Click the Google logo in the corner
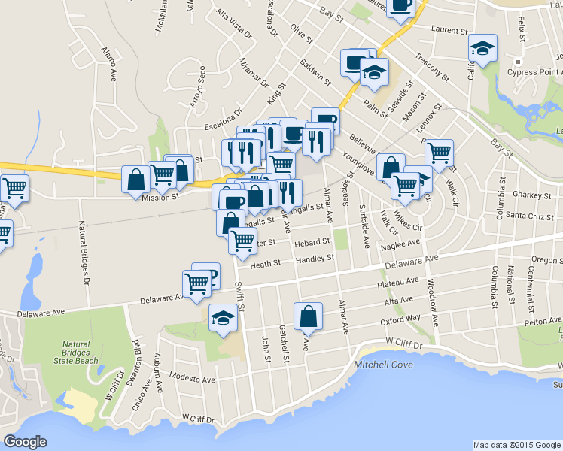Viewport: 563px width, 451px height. pos(25,442)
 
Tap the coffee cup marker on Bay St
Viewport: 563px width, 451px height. pos(400,8)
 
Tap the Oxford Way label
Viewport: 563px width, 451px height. pos(399,318)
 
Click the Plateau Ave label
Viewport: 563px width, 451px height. pos(398,283)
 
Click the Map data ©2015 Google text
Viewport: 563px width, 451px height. pos(516,444)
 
